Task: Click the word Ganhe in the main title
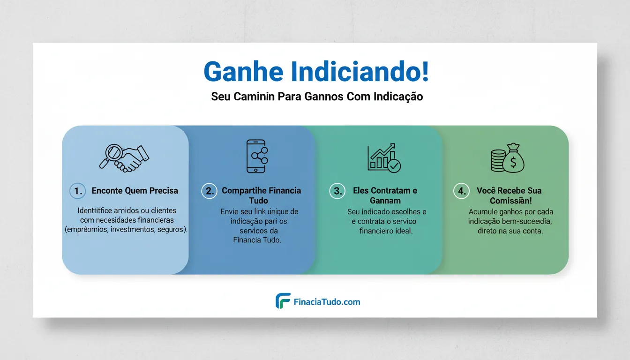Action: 244,72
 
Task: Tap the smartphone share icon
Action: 257,157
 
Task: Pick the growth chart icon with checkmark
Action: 384,157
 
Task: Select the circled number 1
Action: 78,191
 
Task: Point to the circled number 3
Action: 337,191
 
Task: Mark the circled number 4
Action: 462,191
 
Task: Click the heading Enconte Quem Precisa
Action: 135,191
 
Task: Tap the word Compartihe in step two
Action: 244,191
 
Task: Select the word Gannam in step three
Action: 385,201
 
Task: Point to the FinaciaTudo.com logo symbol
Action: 283,301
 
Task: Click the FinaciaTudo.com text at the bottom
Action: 327,302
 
